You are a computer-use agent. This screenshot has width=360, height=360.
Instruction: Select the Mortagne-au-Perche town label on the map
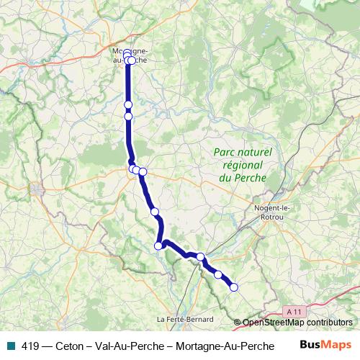(x=130, y=55)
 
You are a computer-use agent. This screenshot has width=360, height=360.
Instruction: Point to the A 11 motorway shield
(x=292, y=310)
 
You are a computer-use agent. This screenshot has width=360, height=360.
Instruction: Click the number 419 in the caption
(x=30, y=345)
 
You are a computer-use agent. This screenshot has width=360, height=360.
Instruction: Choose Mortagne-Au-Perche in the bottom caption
(x=225, y=345)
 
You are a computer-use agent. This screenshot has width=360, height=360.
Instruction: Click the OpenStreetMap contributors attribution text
(x=297, y=323)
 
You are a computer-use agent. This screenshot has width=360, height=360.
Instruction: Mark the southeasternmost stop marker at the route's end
(x=233, y=288)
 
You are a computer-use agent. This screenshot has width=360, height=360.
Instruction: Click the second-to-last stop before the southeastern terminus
(x=218, y=274)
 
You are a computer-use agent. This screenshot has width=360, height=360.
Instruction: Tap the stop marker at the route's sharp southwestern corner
(x=158, y=246)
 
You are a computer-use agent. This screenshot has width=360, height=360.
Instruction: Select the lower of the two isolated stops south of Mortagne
(x=129, y=116)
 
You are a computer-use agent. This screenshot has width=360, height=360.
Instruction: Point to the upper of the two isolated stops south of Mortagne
(x=128, y=104)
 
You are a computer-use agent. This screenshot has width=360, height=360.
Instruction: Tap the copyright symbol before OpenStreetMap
(x=238, y=323)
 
